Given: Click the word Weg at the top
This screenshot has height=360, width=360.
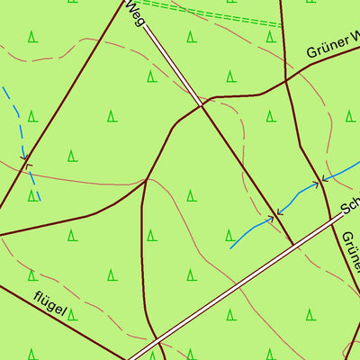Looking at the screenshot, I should (x=135, y=12).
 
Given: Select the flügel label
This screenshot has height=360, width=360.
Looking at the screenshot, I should (x=50, y=301).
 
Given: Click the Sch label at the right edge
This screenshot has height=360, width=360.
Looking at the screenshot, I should (x=350, y=203).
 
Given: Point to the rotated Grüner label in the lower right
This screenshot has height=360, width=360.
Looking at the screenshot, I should (x=349, y=254).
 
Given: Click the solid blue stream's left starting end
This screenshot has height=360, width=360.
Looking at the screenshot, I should (x=231, y=247).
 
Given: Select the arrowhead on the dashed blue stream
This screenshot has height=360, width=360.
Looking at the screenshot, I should (x=26, y=164).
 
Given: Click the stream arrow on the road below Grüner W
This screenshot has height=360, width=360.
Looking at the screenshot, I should (x=319, y=184).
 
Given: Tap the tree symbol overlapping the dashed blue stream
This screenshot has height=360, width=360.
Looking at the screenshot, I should (x=32, y=194).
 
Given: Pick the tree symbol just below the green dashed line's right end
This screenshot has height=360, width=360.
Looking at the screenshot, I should (x=270, y=37).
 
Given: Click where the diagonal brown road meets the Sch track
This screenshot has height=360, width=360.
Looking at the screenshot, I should (x=293, y=243).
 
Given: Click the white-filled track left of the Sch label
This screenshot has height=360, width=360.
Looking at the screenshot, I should (x=270, y=261).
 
